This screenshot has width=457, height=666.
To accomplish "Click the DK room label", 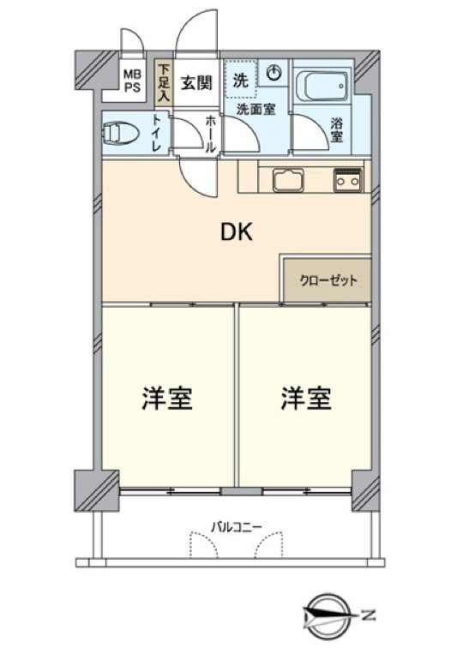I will pyautogui.click(x=238, y=232).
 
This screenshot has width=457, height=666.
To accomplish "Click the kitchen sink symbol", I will pyautogui.click(x=286, y=179).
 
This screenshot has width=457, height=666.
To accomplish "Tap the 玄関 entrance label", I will pyautogui.click(x=195, y=83).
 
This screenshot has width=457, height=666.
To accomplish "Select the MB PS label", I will pyautogui.click(x=133, y=81).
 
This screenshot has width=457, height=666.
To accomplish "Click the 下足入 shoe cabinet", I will pyautogui.click(x=163, y=82).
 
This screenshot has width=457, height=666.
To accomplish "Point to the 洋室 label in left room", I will pyautogui.click(x=166, y=399).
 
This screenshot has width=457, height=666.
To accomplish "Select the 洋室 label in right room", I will pyautogui.click(x=306, y=399).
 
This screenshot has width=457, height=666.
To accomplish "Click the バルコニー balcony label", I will pyautogui.click(x=234, y=525).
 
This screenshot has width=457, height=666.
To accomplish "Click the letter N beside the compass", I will pyautogui.click(x=369, y=615).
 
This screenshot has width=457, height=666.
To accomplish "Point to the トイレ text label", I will pyautogui.click(x=157, y=134).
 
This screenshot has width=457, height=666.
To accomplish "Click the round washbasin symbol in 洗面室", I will pyautogui.click(x=274, y=75).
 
